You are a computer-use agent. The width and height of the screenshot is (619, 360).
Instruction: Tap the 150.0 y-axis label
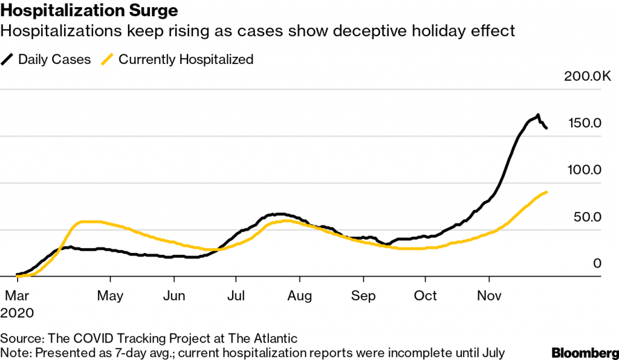click(585, 123)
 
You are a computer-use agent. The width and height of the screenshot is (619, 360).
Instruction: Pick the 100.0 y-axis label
click(585, 170)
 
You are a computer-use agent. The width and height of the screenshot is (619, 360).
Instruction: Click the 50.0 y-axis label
click(588, 217)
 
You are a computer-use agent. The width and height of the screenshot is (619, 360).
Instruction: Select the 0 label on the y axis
click(597, 263)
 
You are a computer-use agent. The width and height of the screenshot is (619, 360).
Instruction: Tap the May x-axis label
click(111, 296)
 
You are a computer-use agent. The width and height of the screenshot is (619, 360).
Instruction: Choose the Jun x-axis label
click(174, 296)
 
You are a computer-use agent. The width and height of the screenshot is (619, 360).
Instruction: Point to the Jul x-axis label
click(236, 296)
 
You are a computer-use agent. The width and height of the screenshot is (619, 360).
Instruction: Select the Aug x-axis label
click(300, 296)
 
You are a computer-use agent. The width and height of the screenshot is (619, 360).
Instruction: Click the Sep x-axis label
click(363, 296)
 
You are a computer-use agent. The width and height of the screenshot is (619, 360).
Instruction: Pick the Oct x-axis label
click(425, 296)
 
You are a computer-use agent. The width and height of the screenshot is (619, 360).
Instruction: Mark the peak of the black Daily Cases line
click(537, 115)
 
